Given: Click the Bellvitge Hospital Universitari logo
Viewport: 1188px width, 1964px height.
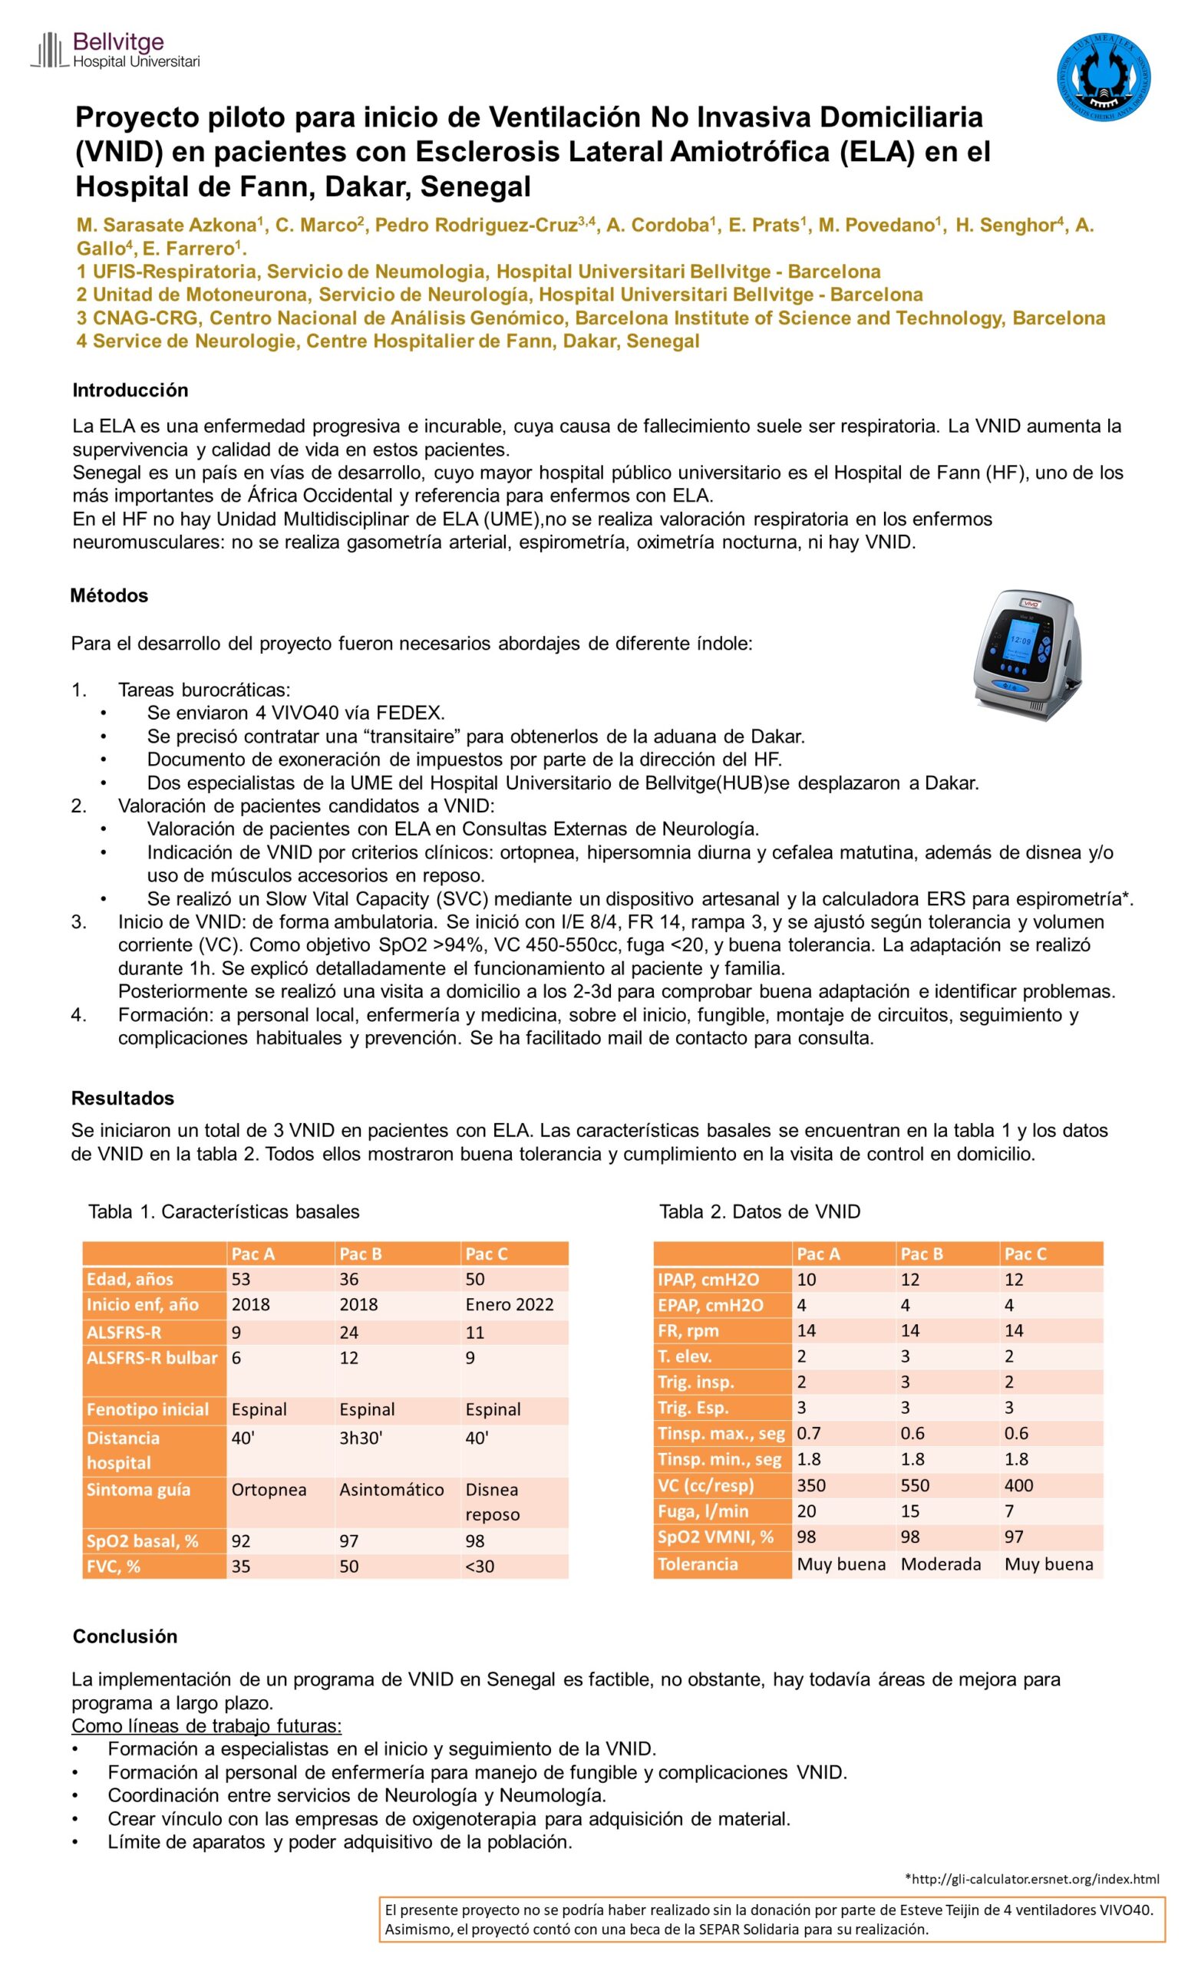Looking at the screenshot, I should click(115, 50).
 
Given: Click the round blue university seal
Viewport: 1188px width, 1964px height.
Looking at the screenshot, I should click(1104, 77).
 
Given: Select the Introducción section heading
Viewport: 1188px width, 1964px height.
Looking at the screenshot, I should click(130, 390).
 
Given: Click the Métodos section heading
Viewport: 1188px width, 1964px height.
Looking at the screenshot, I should click(109, 595).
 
